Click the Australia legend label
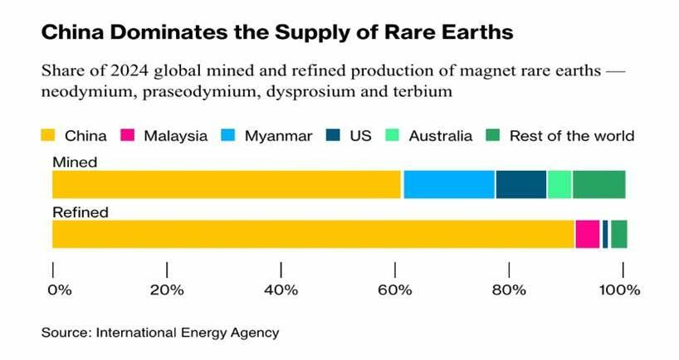pyautogui.click(x=440, y=135)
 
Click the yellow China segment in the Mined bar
pyautogui.click(x=227, y=184)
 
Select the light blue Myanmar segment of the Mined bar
pyautogui.click(x=449, y=184)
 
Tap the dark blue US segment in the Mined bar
pyautogui.click(x=520, y=184)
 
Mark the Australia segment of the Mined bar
pyautogui.click(x=559, y=184)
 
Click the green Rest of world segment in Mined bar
pyautogui.click(x=598, y=184)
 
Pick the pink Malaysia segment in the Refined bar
pyautogui.click(x=587, y=234)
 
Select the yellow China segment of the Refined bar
pyautogui.click(x=313, y=234)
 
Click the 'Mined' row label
pyautogui.click(x=75, y=163)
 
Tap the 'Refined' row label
pyautogui.click(x=81, y=212)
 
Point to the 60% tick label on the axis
pyautogui.click(x=395, y=290)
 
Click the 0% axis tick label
pyautogui.click(x=60, y=290)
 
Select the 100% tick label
pyautogui.click(x=619, y=290)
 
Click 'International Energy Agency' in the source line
pyautogui.click(x=188, y=333)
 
